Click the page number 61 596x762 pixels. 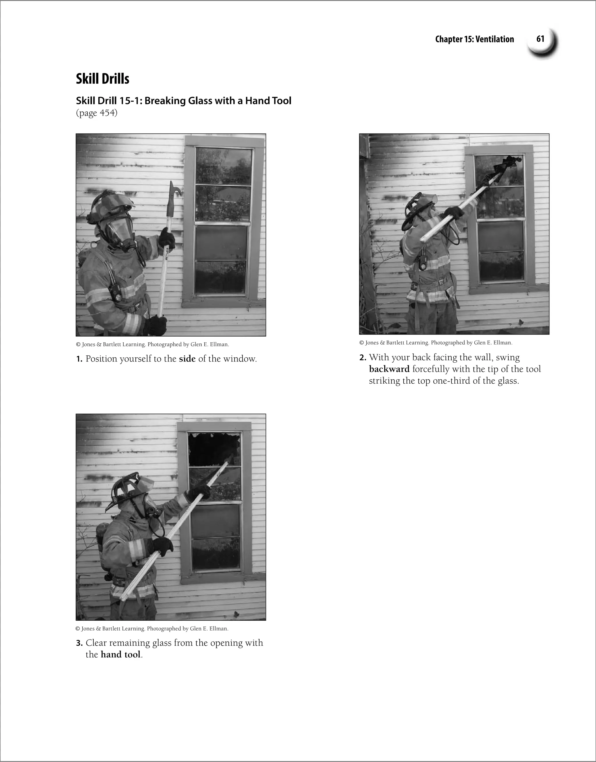540,39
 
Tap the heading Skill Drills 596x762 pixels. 102,79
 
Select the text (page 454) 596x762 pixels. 97,113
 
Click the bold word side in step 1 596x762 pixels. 187,359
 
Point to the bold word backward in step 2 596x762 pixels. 389,369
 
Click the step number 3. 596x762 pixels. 79,643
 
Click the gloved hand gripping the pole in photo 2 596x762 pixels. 454,213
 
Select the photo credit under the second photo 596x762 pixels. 435,343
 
